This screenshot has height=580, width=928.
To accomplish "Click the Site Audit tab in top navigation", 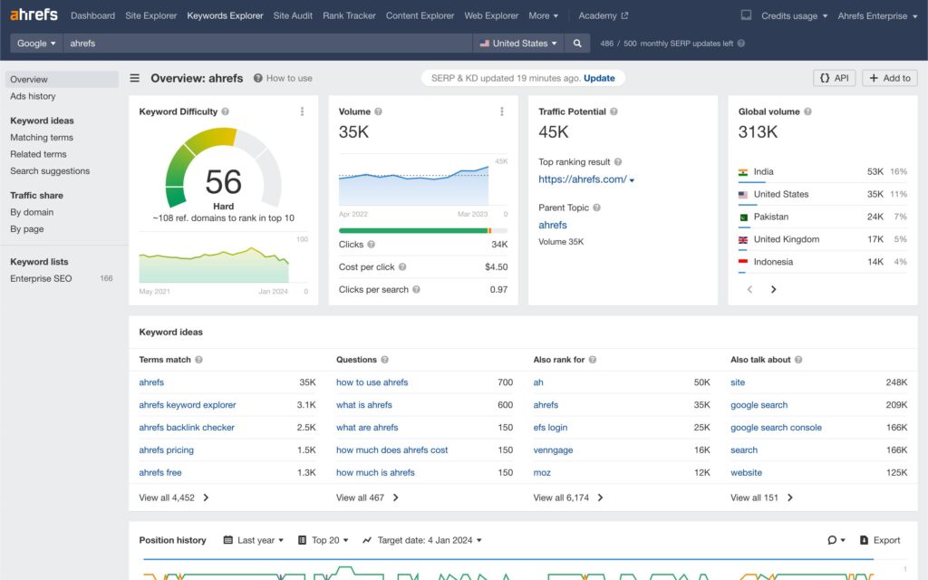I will (293, 15).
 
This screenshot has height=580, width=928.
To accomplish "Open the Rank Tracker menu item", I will (349, 15).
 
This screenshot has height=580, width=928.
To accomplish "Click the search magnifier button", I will (576, 43).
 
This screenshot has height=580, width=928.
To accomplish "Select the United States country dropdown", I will (518, 43).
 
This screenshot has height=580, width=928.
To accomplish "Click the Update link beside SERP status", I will (599, 78).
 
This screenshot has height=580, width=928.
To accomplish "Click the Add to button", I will (889, 78).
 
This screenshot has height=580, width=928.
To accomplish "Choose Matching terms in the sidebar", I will (42, 138).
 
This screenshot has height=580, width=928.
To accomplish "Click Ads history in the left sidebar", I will (33, 96).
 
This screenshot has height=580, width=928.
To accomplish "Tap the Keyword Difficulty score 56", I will (223, 181).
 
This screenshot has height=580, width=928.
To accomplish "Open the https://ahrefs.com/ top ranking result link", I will (583, 179).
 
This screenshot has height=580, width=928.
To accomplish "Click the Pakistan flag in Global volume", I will (743, 217).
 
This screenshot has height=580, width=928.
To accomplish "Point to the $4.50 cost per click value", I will (496, 267).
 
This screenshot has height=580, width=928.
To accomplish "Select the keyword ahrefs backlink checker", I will (187, 428).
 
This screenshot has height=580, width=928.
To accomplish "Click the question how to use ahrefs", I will (372, 382).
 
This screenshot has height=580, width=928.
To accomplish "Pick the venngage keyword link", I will (554, 450).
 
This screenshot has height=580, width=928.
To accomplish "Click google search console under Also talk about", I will (776, 428).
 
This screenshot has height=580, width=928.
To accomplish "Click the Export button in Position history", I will (879, 540).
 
